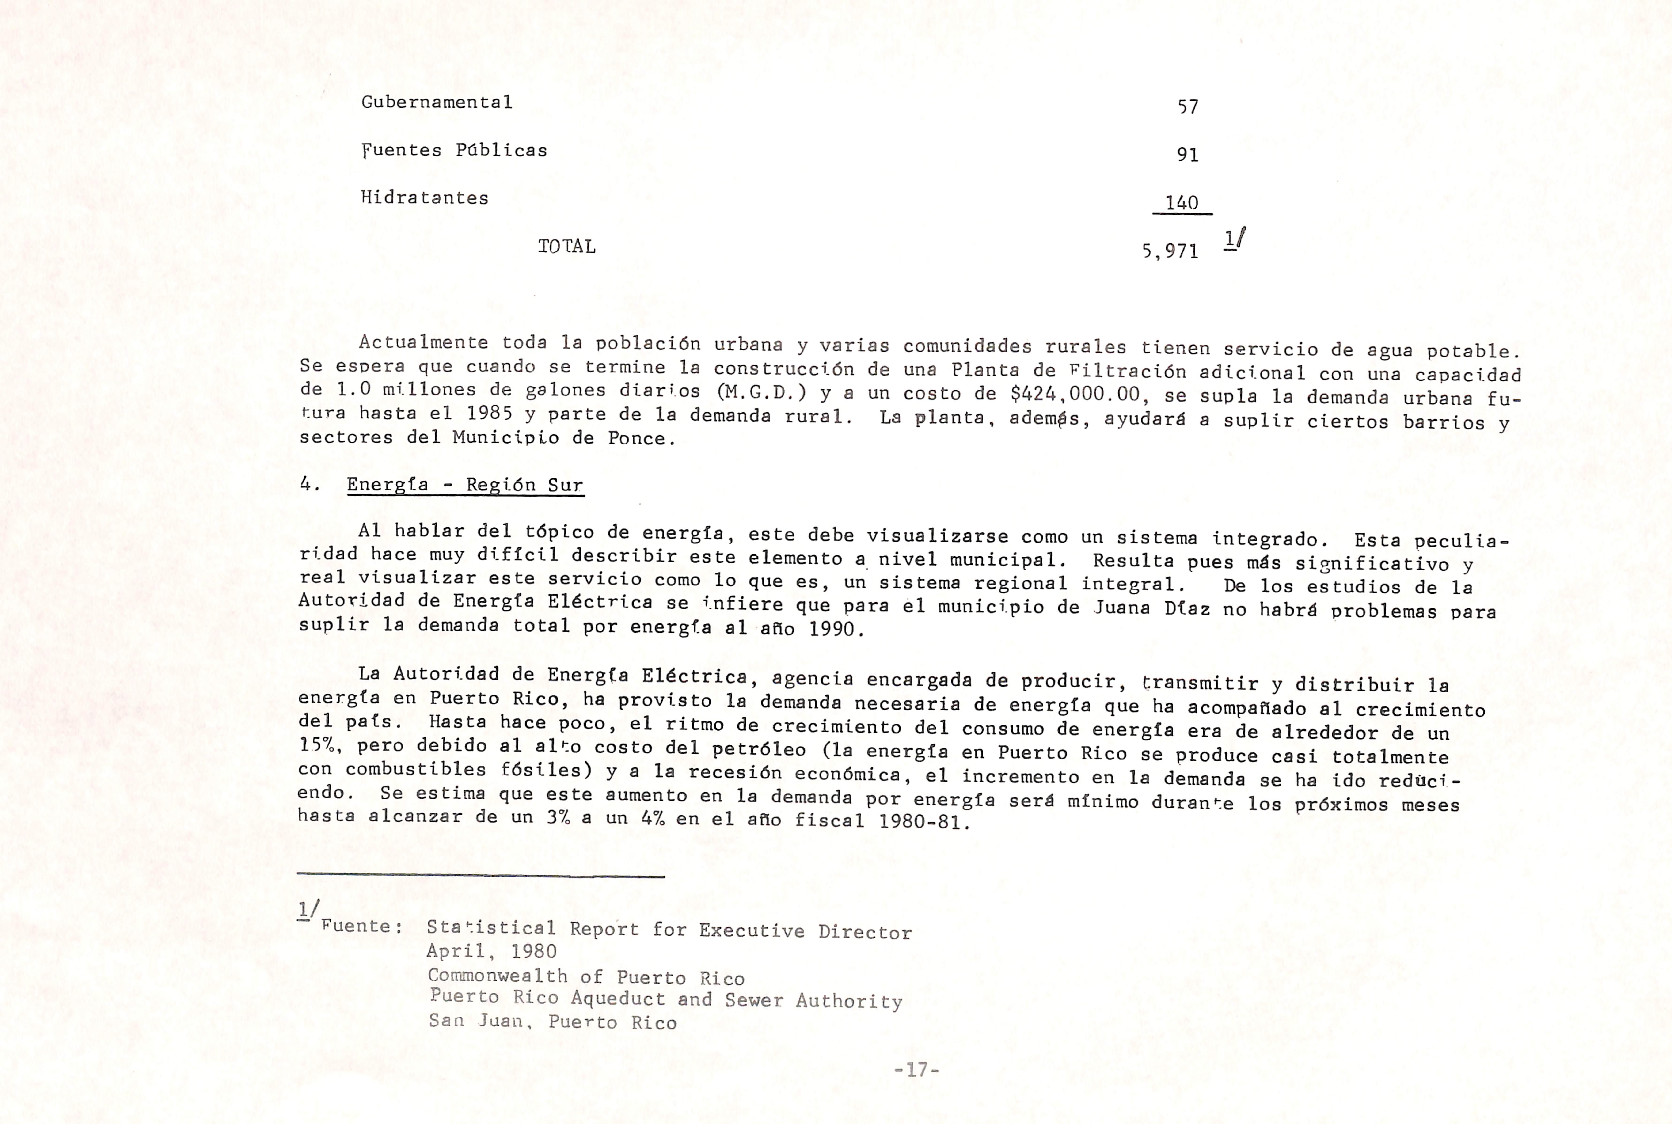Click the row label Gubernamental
(437, 103)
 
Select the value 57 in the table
(1188, 107)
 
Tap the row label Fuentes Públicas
(454, 151)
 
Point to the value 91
(1188, 155)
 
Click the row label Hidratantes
(424, 198)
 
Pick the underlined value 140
(1182, 203)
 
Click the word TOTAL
(566, 247)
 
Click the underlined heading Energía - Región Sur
(465, 485)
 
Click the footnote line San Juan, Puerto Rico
(553, 1021)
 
